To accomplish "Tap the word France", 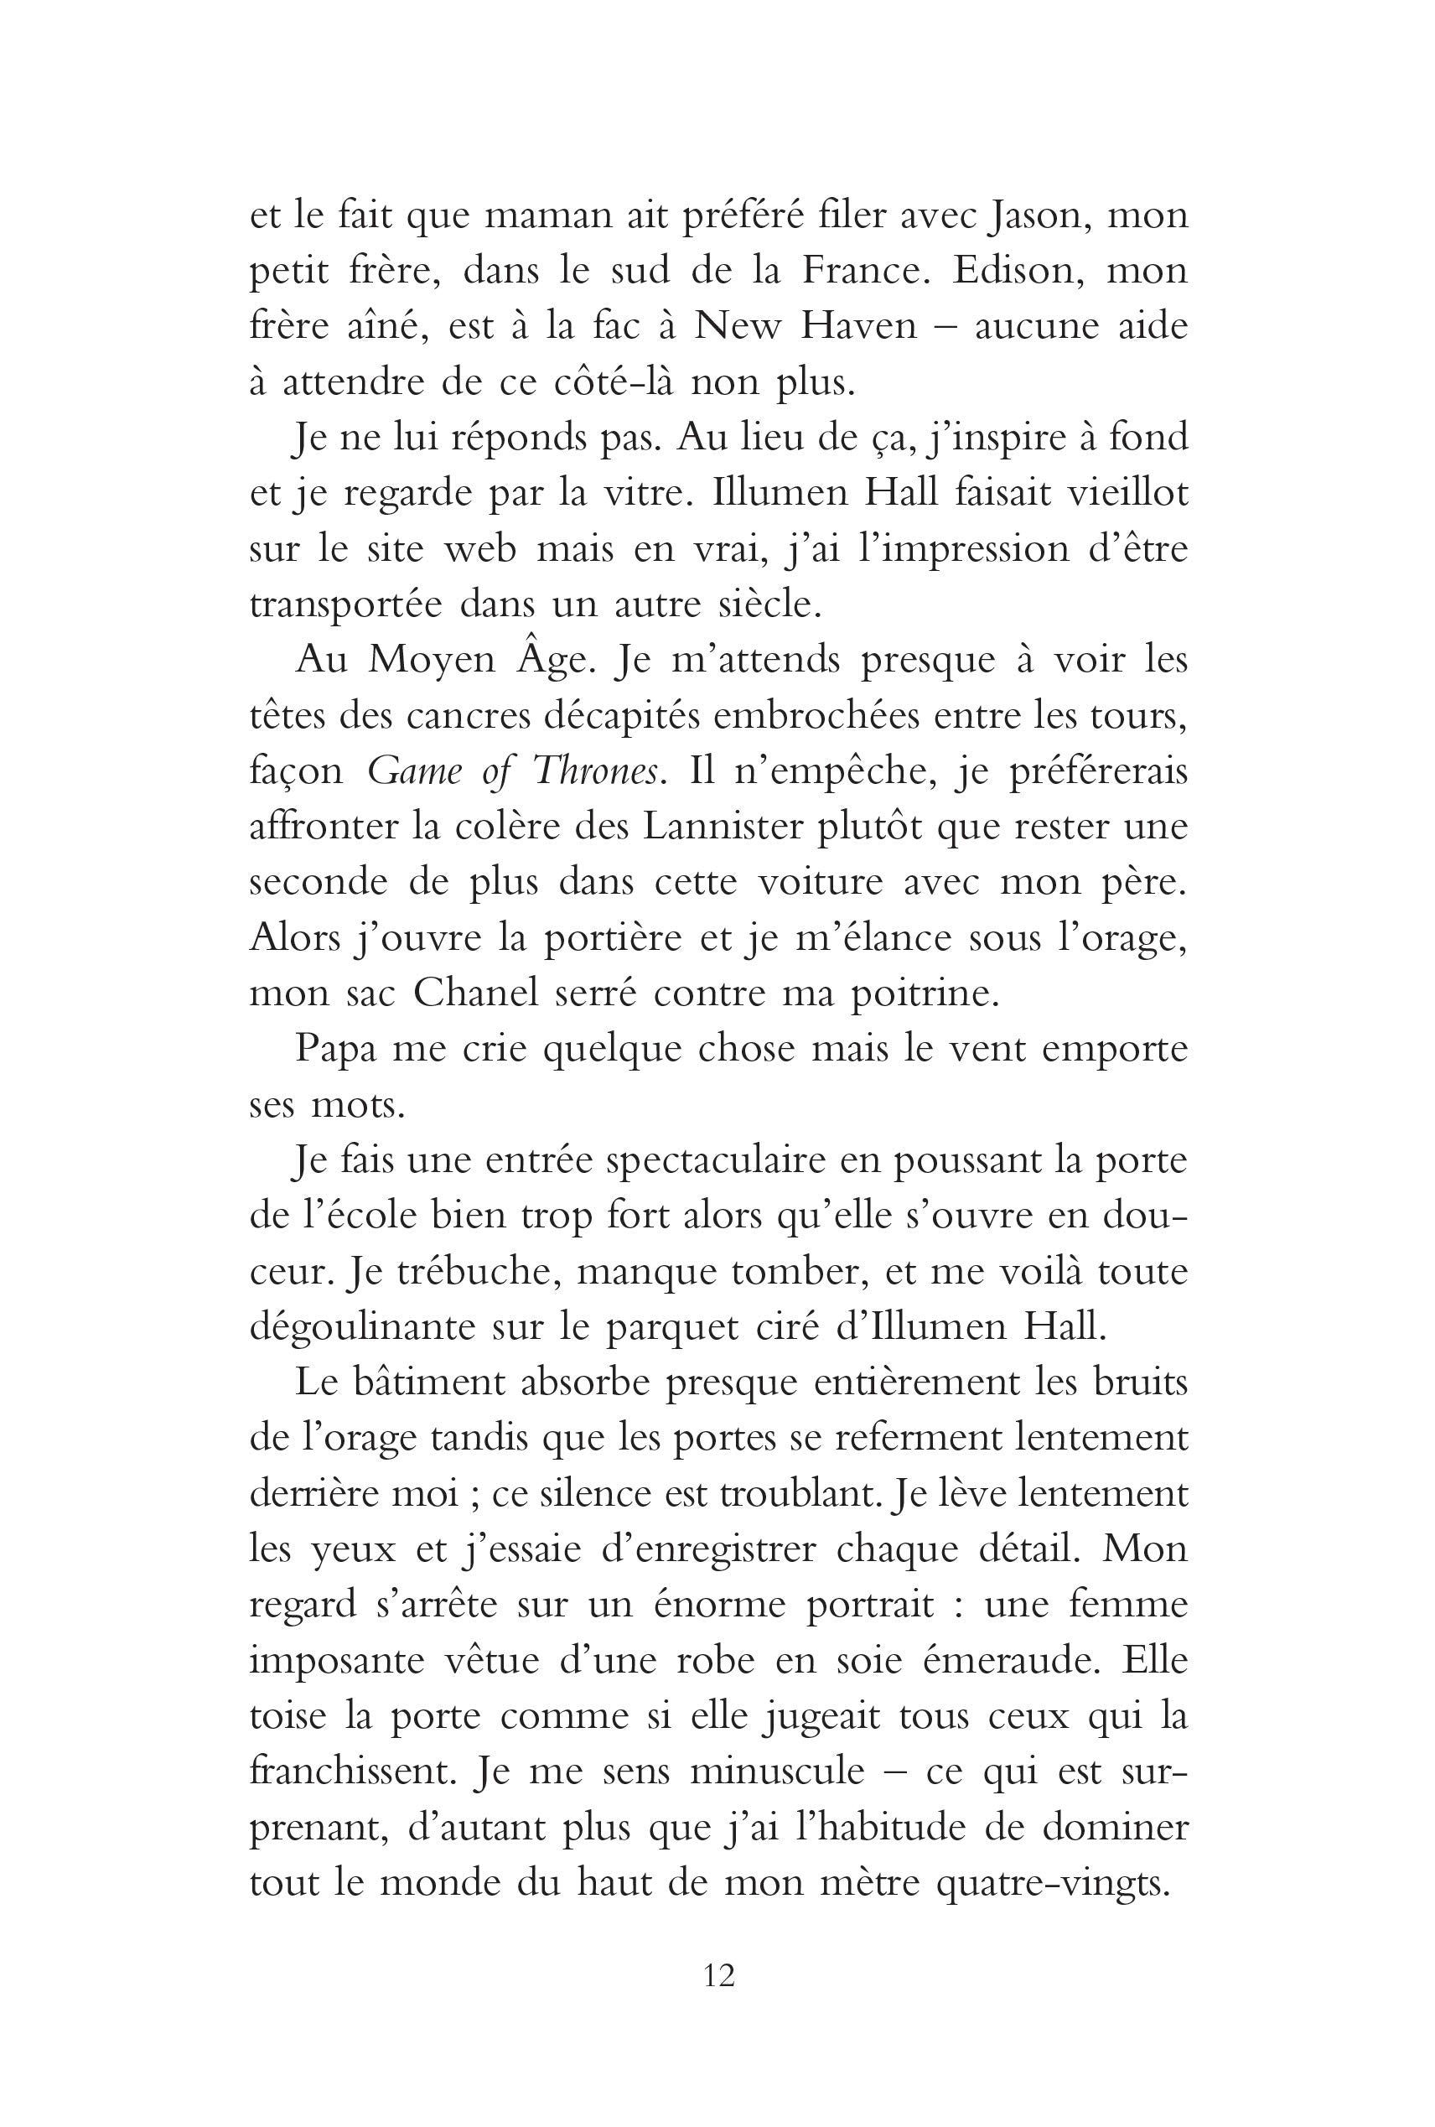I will pos(869,271).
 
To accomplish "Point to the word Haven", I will pos(859,327).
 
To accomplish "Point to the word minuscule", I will pos(778,1771).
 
